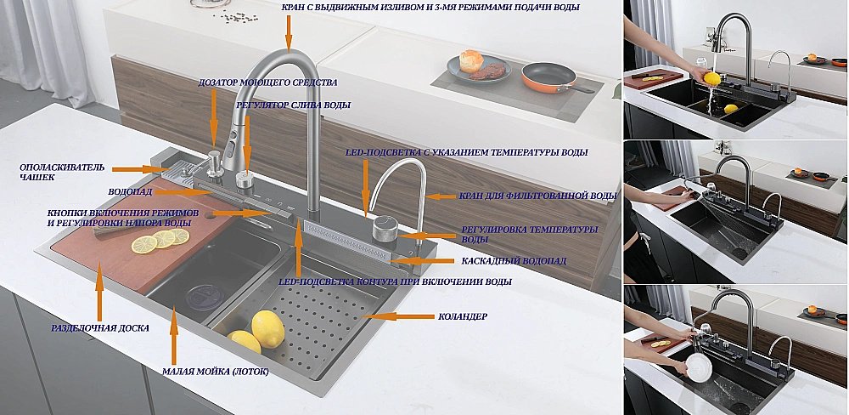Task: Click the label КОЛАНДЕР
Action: tap(462, 316)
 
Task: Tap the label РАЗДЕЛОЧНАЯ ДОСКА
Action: tap(100, 327)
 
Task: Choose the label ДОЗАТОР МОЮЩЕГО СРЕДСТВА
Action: tap(267, 82)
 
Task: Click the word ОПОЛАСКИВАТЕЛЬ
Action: tap(62, 167)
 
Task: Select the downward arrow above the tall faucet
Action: tap(289, 32)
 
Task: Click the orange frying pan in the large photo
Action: tap(547, 77)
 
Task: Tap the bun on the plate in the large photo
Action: tap(471, 60)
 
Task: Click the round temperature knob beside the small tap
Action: tap(385, 228)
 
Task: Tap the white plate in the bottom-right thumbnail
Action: tap(698, 367)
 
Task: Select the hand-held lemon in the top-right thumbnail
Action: tap(711, 78)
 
